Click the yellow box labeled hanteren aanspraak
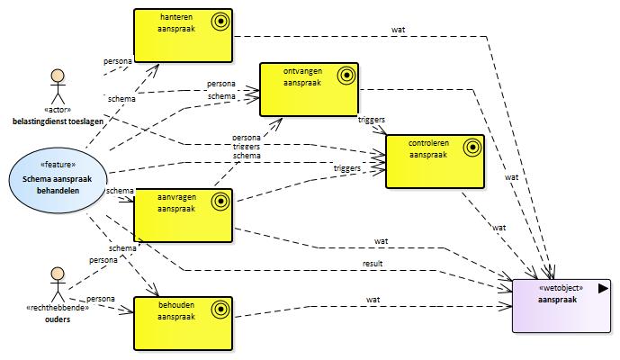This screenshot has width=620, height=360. click(183, 36)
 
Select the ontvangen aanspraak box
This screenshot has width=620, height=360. click(309, 89)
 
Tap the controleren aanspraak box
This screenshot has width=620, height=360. click(435, 161)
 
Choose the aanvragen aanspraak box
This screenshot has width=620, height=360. click(183, 215)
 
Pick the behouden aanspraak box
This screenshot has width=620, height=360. click(183, 324)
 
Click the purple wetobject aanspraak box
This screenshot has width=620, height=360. click(562, 306)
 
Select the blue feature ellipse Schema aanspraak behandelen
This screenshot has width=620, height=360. click(58, 180)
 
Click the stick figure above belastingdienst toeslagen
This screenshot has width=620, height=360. click(58, 86)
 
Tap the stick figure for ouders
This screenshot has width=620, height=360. click(58, 284)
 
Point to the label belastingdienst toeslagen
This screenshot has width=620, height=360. click(58, 121)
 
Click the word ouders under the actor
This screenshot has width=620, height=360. click(58, 319)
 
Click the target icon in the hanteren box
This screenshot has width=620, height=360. click(220, 21)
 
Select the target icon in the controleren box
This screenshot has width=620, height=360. click(472, 148)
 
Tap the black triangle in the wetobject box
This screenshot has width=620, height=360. click(603, 288)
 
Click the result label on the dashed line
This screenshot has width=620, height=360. click(373, 264)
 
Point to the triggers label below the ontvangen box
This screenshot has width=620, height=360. click(372, 120)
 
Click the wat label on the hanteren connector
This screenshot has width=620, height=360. click(398, 30)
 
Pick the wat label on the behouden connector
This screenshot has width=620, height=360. click(373, 300)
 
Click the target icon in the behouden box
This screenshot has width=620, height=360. click(220, 309)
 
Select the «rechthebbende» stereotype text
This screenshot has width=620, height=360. click(58, 308)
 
